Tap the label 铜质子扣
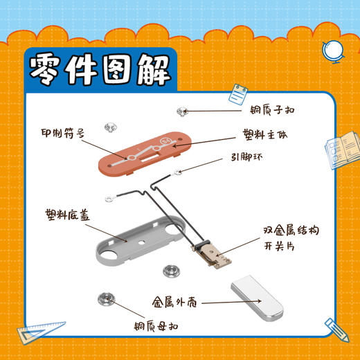pos(274,109)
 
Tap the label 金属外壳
pos(175,302)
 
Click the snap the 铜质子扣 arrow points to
pos(181,110)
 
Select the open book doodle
pos(340,150)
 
